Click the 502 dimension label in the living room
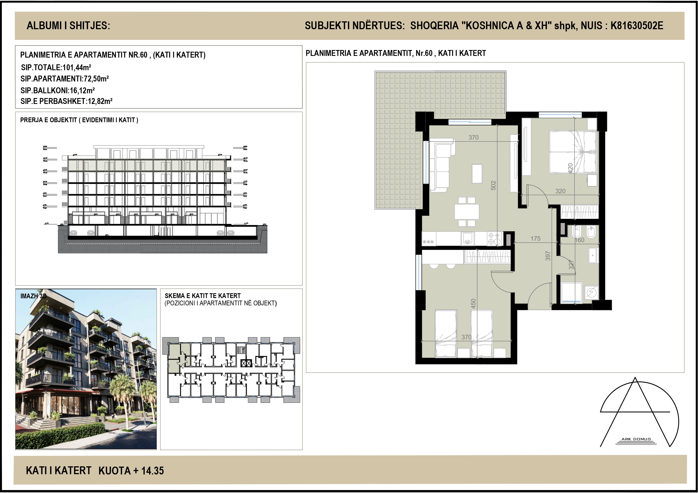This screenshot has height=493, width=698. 493,185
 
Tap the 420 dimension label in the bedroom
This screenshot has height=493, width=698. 570,168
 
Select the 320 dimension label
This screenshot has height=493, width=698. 560,191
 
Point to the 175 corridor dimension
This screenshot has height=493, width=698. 535,239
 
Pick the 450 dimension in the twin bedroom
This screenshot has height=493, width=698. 473,304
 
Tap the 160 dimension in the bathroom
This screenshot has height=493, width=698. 579,240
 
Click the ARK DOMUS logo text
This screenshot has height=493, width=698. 636,439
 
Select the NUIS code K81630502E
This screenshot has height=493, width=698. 637,26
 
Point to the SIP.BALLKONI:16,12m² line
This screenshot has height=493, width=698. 58,90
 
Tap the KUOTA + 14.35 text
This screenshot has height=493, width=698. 131,471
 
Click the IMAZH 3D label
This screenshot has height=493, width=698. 33,296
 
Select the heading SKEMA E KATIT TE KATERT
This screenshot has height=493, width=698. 202,296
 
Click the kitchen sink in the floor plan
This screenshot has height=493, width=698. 468,239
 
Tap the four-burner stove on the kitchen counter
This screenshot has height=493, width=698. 494,239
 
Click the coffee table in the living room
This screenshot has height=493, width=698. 477,174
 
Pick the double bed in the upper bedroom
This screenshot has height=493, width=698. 573,152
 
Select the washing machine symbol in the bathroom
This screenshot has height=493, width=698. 591,292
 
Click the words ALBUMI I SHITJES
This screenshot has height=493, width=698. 68,26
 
